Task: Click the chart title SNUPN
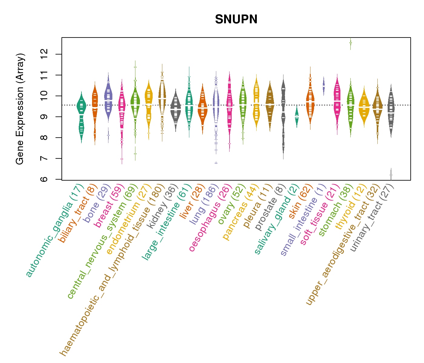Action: tap(236, 20)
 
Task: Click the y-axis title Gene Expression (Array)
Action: tap(20, 109)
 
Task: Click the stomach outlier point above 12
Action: tap(350, 43)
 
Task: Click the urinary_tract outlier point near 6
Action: tap(391, 175)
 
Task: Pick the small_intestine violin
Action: tap(323, 86)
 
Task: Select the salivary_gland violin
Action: tap(297, 116)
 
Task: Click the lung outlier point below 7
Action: tap(216, 163)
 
